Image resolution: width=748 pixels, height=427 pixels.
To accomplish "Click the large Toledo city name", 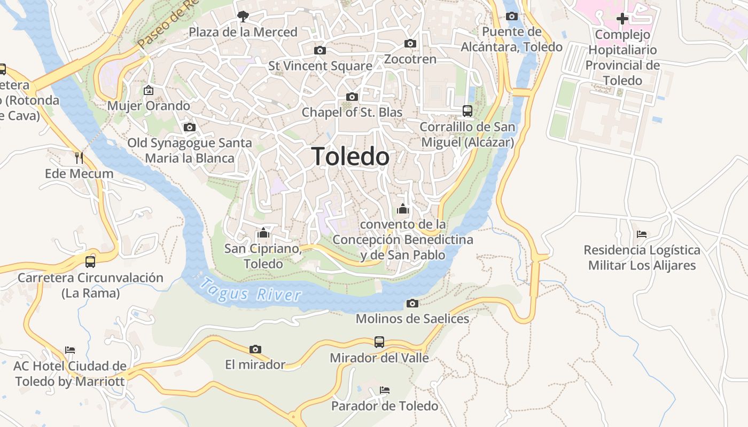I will (350, 156).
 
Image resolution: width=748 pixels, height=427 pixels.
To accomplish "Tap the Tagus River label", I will (250, 289).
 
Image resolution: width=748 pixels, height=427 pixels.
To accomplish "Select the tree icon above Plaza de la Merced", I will (243, 16).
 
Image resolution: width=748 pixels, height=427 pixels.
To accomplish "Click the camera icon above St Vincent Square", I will (320, 50).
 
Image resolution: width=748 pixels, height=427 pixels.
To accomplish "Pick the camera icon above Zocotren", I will (410, 43).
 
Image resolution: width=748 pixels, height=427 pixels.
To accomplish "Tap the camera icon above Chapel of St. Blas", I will (352, 97).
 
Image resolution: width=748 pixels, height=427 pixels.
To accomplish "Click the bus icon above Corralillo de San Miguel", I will (467, 110).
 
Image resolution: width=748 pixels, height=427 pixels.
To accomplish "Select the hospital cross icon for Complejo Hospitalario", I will (622, 19).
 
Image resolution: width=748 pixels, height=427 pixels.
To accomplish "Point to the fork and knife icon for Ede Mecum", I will (79, 157).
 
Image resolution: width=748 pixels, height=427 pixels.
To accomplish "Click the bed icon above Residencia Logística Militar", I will (642, 234).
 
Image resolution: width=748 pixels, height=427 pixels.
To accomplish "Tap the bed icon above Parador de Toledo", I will (384, 390).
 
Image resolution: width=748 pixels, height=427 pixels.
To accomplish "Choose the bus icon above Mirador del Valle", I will (379, 342).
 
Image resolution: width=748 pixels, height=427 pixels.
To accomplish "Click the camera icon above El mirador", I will (255, 349).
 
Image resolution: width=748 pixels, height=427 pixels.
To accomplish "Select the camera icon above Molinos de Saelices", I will (412, 303).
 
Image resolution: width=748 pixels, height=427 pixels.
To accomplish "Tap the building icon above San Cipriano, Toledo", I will (262, 233).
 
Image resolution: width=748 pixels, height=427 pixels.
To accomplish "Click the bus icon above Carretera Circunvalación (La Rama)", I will (90, 262).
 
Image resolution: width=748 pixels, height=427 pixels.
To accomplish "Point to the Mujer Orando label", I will (149, 106).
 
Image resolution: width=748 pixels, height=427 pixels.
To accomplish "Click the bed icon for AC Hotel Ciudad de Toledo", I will (70, 350).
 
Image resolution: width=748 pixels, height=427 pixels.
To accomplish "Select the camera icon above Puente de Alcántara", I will (512, 16).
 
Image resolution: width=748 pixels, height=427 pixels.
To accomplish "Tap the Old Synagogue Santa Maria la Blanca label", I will (190, 151).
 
